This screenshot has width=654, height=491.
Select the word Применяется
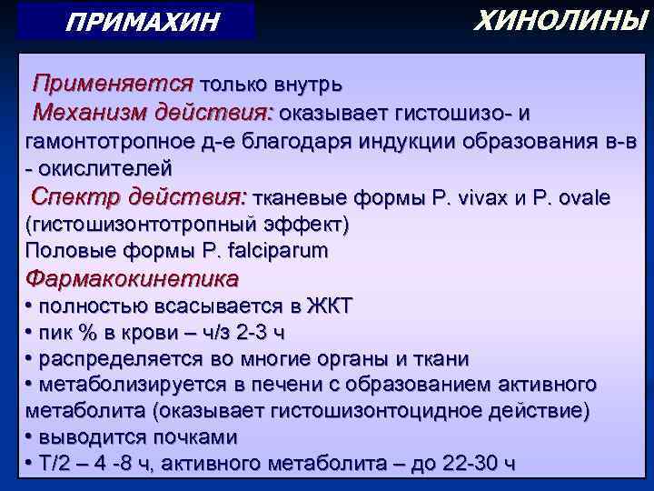(113, 85)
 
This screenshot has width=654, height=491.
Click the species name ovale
(585, 198)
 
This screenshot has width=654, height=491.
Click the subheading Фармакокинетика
(134, 277)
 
